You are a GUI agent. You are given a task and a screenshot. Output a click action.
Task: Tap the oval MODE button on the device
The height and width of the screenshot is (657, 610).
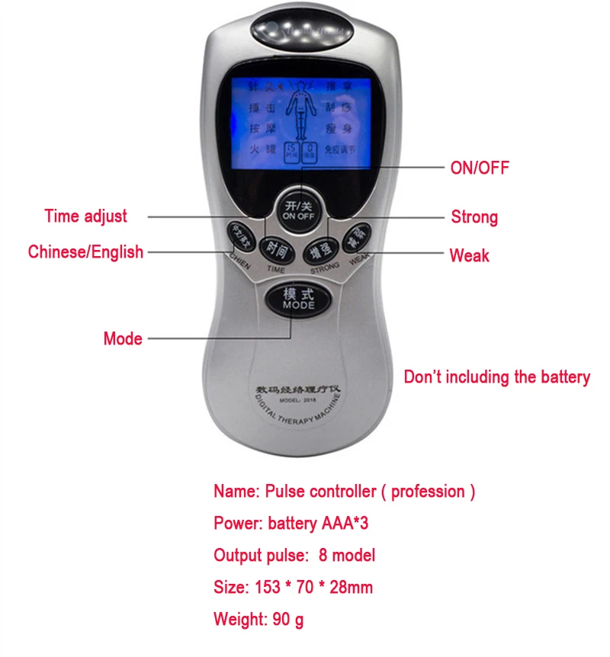[298, 299]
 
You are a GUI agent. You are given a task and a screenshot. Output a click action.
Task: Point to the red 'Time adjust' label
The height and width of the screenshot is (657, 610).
[85, 216]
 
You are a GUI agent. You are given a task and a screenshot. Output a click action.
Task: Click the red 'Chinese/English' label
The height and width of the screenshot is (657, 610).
[85, 252]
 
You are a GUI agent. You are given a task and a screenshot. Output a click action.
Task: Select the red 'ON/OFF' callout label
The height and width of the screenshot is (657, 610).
[480, 168]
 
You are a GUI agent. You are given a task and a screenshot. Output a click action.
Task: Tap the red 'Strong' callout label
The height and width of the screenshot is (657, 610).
[474, 217]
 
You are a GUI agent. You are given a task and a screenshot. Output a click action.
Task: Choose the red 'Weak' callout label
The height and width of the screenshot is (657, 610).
[469, 255]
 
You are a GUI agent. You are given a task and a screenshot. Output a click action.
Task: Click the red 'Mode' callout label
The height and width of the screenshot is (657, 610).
[123, 338]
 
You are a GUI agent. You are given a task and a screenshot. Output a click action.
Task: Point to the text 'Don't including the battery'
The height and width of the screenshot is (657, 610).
[496, 377]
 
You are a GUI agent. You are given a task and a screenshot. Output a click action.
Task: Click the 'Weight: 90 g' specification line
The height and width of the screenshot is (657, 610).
[258, 619]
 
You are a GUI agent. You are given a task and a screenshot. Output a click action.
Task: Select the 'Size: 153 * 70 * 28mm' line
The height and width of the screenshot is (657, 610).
[294, 587]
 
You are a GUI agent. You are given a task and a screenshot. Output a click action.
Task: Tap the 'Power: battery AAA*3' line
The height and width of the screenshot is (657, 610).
[291, 524]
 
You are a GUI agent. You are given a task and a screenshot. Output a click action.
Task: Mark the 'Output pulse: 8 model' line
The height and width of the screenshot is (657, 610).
[294, 555]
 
